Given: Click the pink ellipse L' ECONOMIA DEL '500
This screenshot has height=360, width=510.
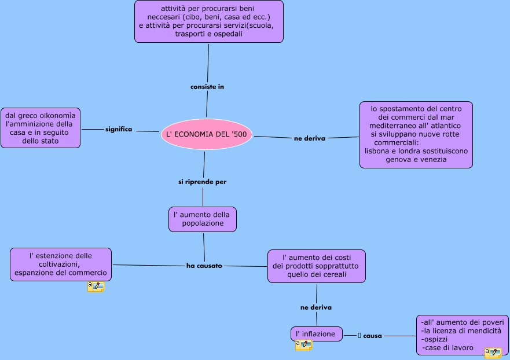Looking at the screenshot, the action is click(x=207, y=134).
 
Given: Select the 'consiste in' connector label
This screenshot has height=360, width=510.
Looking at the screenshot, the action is click(x=207, y=87).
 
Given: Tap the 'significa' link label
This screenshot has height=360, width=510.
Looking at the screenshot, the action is click(x=119, y=129).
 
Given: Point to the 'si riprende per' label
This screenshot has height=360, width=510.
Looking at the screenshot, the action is click(x=202, y=182).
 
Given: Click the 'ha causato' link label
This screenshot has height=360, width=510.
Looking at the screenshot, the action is click(x=204, y=266).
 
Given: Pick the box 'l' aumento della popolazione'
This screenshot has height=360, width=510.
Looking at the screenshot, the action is click(x=203, y=219).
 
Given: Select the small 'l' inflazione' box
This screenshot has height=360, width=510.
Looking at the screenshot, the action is click(x=317, y=334).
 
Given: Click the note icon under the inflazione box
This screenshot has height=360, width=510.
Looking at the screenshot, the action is click(x=304, y=345).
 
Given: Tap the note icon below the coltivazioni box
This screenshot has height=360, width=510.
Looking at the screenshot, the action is click(x=96, y=286).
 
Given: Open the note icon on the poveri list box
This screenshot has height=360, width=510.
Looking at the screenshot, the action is click(x=493, y=353).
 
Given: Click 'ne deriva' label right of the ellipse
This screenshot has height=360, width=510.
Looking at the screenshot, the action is click(x=310, y=138).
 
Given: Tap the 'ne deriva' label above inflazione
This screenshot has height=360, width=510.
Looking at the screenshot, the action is click(x=316, y=307).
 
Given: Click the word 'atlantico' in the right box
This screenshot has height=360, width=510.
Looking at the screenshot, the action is click(x=446, y=126).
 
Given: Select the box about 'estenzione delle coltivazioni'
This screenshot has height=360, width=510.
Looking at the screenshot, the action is click(x=61, y=265).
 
